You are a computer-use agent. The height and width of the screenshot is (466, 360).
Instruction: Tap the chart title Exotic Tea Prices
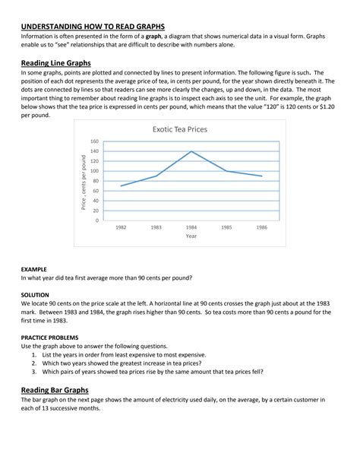coord(178,129)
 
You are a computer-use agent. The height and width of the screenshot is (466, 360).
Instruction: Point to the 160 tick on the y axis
coord(94,141)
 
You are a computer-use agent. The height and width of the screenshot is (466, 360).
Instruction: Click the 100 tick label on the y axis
coord(94,171)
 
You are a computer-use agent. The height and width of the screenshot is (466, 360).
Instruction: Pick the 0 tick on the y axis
coord(96,220)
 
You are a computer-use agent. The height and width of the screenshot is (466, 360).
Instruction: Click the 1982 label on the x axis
coord(122,228)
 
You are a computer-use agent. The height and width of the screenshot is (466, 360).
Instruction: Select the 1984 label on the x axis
coord(191,228)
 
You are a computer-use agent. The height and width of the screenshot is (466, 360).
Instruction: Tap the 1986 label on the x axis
coord(261,228)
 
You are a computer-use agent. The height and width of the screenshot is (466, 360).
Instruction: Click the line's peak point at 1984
coord(191,151)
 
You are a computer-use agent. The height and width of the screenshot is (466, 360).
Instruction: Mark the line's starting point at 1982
coord(122,185)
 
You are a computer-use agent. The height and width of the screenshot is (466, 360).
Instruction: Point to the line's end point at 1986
coord(261,176)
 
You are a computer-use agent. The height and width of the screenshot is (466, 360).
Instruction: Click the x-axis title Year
coord(191,236)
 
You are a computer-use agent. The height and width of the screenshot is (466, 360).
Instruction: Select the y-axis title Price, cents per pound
coord(84,181)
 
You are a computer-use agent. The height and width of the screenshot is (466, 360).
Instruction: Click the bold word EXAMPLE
coord(34,269)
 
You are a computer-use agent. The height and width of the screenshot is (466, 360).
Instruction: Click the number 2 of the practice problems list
coord(34,363)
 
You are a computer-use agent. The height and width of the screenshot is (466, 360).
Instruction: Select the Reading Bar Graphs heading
coord(56,390)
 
